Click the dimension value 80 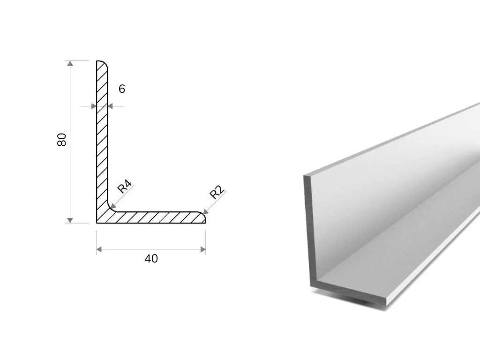click(61, 140)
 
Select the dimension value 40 click(151, 259)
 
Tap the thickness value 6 click(122, 89)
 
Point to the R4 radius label click(125, 187)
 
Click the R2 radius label click(217, 193)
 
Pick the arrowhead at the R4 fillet click(112, 206)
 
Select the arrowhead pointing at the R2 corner click(205, 211)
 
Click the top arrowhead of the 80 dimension click(70, 63)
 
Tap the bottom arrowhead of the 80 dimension click(70, 220)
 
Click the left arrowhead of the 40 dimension click(99, 249)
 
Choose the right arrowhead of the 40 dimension click(203, 249)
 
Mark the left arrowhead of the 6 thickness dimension click(94, 106)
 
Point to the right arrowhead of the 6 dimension click(110, 106)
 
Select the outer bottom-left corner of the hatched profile click(97, 223)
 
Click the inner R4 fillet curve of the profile click(110, 209)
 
